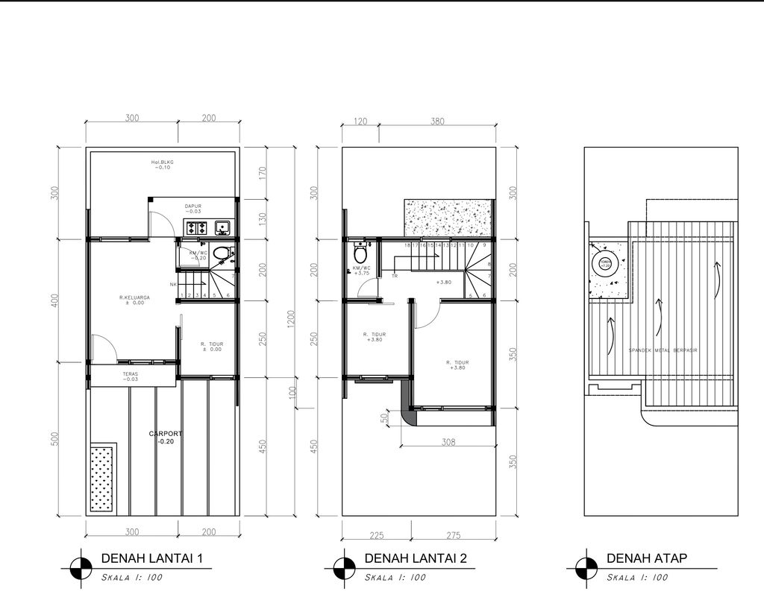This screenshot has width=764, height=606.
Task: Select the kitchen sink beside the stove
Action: click(x=222, y=227)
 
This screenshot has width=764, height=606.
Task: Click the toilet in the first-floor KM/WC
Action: click(x=220, y=255)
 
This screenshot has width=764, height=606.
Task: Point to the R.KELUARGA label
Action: click(x=134, y=300)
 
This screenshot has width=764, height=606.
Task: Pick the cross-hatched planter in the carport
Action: click(x=103, y=478)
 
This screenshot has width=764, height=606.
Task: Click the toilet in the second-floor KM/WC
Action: click(x=361, y=254)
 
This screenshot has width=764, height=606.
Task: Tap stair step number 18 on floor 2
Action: click(x=407, y=245)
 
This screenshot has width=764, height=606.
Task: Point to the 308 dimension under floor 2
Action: click(x=448, y=442)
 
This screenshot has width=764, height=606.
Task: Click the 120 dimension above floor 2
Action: click(x=360, y=121)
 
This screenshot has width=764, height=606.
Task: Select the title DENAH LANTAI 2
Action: click(x=416, y=558)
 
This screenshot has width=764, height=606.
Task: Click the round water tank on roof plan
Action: click(x=606, y=263)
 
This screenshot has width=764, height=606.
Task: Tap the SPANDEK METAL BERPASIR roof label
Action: click(x=663, y=350)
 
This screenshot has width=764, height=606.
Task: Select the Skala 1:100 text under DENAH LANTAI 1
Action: click(x=131, y=577)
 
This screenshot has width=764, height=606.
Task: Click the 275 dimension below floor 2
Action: click(x=454, y=534)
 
